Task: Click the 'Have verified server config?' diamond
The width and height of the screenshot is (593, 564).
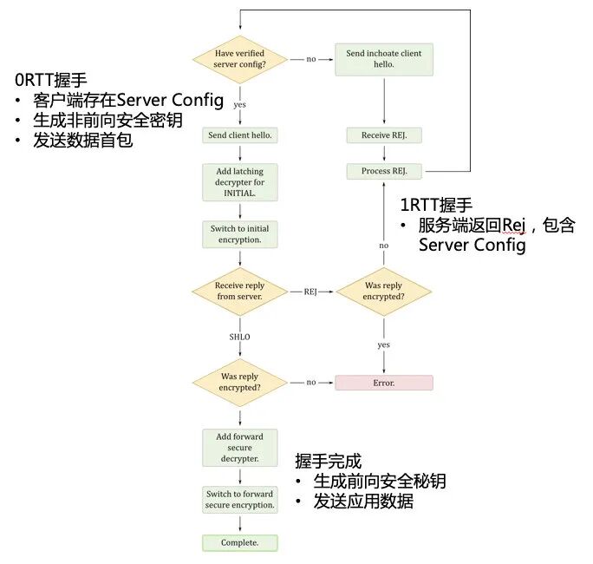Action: pos(239,59)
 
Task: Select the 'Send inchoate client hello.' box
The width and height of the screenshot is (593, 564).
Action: pos(383,59)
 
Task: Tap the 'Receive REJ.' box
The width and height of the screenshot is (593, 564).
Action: pos(383,135)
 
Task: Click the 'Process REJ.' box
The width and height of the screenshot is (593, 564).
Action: pos(383,171)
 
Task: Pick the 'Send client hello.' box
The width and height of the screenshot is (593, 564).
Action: pos(239,135)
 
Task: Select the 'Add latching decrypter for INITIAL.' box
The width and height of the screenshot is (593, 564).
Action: pos(239,182)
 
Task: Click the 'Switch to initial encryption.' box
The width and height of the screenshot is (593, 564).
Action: pos(239,234)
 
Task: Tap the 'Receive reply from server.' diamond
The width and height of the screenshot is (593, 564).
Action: pos(239,292)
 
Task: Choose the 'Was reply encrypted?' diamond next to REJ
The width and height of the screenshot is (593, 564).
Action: pos(383,292)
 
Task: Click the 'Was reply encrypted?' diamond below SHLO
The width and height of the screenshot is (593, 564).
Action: pos(239,383)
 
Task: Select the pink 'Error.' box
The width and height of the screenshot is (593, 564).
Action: pos(383,383)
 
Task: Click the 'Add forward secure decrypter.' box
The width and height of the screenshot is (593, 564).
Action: pos(239,447)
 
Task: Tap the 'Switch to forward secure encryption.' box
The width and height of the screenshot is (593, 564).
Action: pos(239,500)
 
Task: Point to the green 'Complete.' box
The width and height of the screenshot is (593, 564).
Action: pos(239,543)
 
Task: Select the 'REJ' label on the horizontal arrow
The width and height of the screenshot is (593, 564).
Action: pos(310,292)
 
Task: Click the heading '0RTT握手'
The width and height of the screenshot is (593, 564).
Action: pos(50,80)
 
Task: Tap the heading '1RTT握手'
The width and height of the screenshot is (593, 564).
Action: pos(435,206)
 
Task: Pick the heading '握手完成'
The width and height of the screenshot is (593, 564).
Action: pos(328,461)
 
